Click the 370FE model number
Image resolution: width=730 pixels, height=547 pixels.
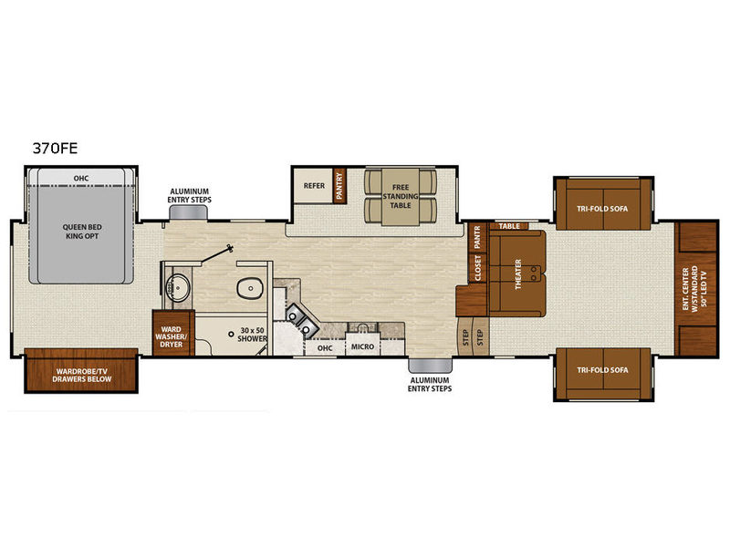coord(55,148)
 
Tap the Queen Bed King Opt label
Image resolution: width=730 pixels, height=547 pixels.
coord(82,232)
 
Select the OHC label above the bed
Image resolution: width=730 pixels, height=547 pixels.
coord(81,178)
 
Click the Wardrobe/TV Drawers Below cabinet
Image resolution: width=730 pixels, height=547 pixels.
coord(81,371)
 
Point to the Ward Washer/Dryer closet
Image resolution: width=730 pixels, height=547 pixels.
coord(172,333)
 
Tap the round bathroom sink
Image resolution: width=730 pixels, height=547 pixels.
coord(178,287)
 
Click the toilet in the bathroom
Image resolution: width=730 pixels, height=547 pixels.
coord(250,289)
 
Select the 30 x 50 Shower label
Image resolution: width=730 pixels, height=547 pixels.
coord(253,335)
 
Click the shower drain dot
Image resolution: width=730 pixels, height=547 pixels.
coord(231,334)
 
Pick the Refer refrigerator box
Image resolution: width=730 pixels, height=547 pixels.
coord(313,186)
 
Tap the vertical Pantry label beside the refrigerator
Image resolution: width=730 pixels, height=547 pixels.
coord(339,186)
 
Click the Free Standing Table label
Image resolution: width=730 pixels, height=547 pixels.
coord(401,196)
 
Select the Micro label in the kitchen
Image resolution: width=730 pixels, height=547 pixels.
coord(362,346)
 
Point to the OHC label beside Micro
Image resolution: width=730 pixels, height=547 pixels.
coord(325,348)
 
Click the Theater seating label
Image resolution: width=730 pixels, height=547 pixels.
coord(518,274)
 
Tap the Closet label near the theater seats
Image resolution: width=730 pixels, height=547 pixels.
coord(477,268)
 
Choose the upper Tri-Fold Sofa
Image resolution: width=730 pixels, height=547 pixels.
coord(603,204)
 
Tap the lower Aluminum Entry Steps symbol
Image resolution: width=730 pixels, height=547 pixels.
coord(430,366)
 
